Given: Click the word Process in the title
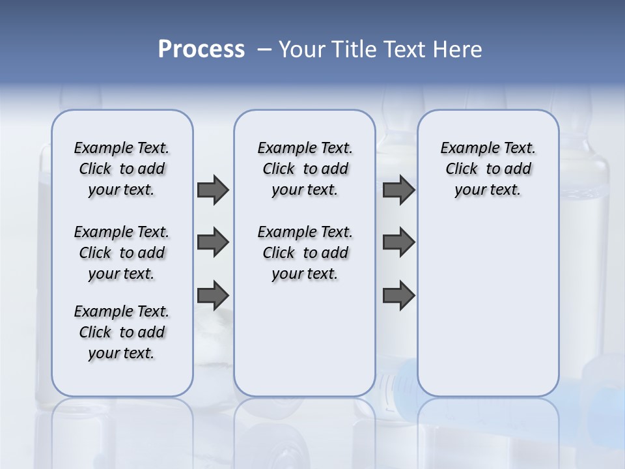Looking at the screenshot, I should click(201, 49).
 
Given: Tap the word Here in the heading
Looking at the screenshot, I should click(459, 49).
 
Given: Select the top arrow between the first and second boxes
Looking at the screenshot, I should click(213, 190).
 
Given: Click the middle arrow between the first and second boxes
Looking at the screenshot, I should click(213, 242).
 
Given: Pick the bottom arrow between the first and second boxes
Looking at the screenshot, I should click(213, 295).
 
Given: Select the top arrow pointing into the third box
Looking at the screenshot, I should click(398, 190).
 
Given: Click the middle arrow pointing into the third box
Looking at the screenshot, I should click(398, 242).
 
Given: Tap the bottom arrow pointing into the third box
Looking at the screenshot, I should click(398, 295).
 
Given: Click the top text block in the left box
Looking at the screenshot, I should click(122, 169).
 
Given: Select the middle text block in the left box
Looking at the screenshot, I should click(122, 253).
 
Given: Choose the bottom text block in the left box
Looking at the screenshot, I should click(122, 332).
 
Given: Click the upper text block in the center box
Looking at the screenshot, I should click(305, 169).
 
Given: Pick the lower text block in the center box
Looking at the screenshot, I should click(305, 253).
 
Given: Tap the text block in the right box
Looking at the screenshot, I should click(488, 169).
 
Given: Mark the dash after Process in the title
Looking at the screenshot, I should click(264, 49).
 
